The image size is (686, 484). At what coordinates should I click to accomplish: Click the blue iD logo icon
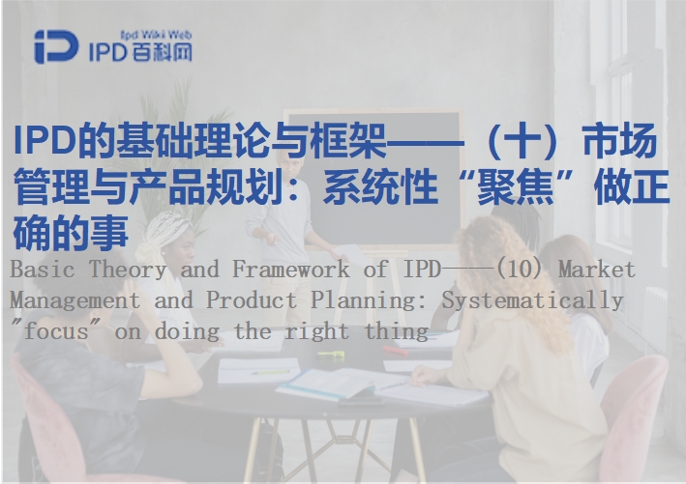coord(56,46)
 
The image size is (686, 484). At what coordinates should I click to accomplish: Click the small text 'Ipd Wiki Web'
coord(156,35)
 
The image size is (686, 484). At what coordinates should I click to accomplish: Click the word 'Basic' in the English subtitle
coord(42,270)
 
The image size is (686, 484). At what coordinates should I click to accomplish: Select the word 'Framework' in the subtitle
coord(291,270)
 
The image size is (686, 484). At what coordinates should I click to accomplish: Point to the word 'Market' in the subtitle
coord(597,270)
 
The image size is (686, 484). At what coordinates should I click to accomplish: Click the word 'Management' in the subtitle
coord(75,301)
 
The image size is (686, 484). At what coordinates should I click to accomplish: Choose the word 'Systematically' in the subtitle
coord(532,301)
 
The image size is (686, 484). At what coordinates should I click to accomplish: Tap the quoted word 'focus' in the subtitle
coord(56,331)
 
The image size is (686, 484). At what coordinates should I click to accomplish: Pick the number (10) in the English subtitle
coord(520,270)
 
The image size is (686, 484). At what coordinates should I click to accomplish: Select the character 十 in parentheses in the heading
coord(521,141)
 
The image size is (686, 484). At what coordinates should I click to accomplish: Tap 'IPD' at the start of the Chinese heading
coord(45,141)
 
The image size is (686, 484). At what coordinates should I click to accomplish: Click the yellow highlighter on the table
coord(331,355)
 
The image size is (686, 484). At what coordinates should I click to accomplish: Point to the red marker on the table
coord(396,351)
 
